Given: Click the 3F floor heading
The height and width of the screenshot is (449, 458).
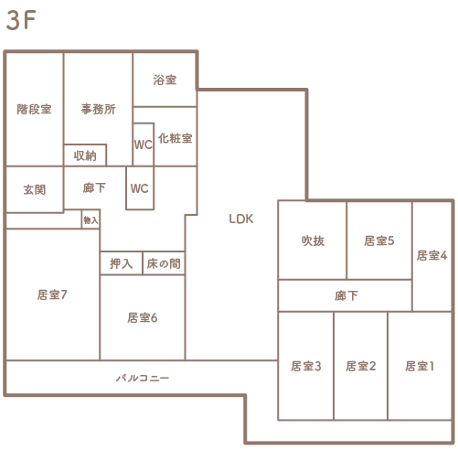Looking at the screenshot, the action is pyautogui.click(x=21, y=20).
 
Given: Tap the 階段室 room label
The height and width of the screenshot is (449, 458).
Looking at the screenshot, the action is pyautogui.click(x=34, y=109).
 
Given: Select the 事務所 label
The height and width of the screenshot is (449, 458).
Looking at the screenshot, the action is pyautogui.click(x=98, y=109).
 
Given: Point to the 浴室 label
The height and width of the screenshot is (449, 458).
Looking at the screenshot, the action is pyautogui.click(x=165, y=80).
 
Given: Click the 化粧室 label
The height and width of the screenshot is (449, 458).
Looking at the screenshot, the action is pyautogui.click(x=176, y=138).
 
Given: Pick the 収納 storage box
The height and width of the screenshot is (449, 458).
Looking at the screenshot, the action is pyautogui.click(x=85, y=155).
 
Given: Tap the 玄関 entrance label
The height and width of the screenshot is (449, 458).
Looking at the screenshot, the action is pyautogui.click(x=35, y=189).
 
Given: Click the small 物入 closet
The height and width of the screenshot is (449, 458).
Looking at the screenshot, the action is pyautogui.click(x=91, y=219).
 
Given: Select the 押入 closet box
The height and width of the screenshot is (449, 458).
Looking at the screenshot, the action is pyautogui.click(x=121, y=263).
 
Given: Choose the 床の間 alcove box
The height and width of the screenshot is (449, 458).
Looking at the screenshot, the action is pyautogui.click(x=164, y=263).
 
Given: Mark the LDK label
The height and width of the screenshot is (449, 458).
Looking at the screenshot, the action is pyautogui.click(x=241, y=219).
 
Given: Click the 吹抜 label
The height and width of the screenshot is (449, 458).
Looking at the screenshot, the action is pyautogui.click(x=313, y=241).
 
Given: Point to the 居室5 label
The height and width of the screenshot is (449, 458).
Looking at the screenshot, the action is pyautogui.click(x=379, y=241).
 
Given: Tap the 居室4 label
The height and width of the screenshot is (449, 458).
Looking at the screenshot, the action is pyautogui.click(x=431, y=255).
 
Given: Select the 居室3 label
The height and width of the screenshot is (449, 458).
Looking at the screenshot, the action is pyautogui.click(x=306, y=366).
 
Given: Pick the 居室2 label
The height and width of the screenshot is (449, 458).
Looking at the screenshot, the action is pyautogui.click(x=361, y=366).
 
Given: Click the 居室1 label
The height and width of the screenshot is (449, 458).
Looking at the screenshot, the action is pyautogui.click(x=420, y=366).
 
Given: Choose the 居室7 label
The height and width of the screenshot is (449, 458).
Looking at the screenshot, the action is pyautogui.click(x=52, y=294).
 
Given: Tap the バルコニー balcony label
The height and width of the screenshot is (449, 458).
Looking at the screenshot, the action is pyautogui.click(x=143, y=379).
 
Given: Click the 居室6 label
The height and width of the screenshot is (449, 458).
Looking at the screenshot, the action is pyautogui.click(x=143, y=318).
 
